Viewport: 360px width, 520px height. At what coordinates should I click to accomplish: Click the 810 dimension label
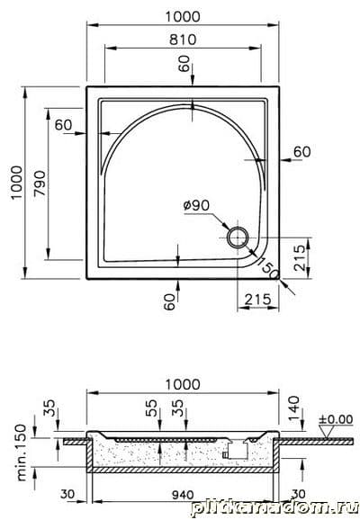[183, 40]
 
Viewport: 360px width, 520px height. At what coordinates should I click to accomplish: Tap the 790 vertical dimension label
[40, 183]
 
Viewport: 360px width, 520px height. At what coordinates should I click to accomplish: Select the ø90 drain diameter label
[197, 206]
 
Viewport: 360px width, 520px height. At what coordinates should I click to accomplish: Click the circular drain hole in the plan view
[238, 238]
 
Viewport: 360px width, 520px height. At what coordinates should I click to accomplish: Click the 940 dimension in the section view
[183, 495]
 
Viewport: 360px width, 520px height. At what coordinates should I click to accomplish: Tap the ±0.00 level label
[336, 419]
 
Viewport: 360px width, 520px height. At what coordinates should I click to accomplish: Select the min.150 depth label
[22, 453]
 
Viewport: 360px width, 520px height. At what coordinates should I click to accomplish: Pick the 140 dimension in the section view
[293, 408]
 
